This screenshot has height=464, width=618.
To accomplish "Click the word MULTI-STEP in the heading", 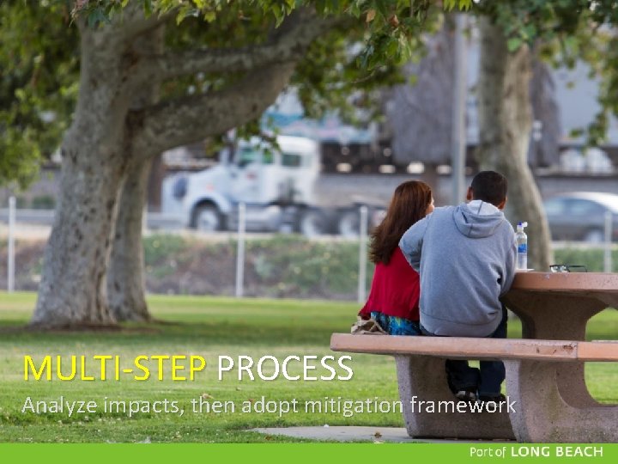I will (114, 369).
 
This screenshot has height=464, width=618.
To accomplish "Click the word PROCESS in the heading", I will (284, 369).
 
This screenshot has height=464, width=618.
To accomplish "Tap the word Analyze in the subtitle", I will (59, 405).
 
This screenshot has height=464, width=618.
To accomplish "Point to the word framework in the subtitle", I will (463, 404).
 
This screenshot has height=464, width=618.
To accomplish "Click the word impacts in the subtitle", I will (138, 406).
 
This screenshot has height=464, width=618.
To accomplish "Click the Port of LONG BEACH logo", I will (536, 452).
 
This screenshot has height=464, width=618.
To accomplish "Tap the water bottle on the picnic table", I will (521, 247).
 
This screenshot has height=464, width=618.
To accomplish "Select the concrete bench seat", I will (472, 347).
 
